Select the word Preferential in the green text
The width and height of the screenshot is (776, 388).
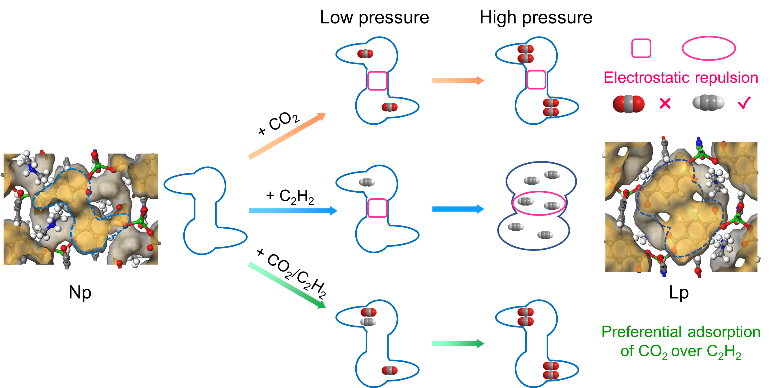pos(642,332)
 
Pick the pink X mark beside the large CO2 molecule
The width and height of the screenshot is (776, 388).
pos(665,103)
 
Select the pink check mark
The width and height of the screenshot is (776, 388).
pos(744,103)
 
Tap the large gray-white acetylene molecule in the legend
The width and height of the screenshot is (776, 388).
pos(708,103)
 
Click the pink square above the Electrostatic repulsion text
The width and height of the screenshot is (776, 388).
pos(641,48)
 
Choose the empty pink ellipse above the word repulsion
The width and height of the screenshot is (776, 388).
pos(708,48)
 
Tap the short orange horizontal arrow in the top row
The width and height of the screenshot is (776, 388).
pos(458,80)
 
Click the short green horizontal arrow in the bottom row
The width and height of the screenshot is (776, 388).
pos(458,344)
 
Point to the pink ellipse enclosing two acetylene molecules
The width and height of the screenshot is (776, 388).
pos(539,203)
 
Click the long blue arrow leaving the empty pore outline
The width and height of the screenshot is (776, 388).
pos(292,211)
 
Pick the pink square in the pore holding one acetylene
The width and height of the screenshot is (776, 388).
pos(377,208)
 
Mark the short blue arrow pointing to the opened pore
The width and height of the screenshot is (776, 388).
pos(458,209)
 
